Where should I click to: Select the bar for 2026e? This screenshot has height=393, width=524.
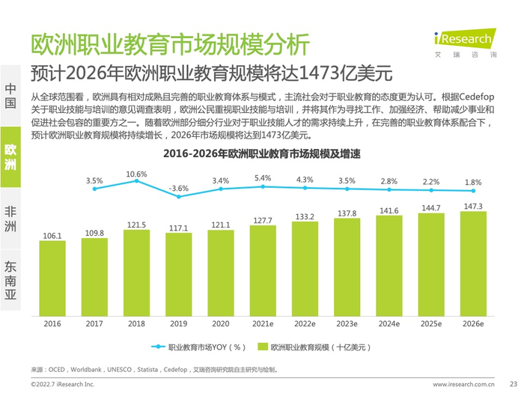tap(472, 262)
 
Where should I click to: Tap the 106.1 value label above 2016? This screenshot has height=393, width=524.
tap(52, 236)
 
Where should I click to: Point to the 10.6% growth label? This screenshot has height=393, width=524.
tap(136, 174)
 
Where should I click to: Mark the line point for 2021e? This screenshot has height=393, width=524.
tap(263, 186)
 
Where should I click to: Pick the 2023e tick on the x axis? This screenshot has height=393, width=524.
tap(347, 324)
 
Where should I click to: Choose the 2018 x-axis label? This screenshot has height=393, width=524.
tap(136, 324)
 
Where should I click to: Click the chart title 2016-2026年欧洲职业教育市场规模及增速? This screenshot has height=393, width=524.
tap(262, 154)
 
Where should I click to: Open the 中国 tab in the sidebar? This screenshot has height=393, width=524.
tap(10, 96)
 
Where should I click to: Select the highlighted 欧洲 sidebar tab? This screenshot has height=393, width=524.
tap(10, 157)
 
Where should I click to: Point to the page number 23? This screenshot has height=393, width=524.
tap(512, 383)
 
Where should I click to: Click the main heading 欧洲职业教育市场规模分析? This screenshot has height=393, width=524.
tap(168, 44)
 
